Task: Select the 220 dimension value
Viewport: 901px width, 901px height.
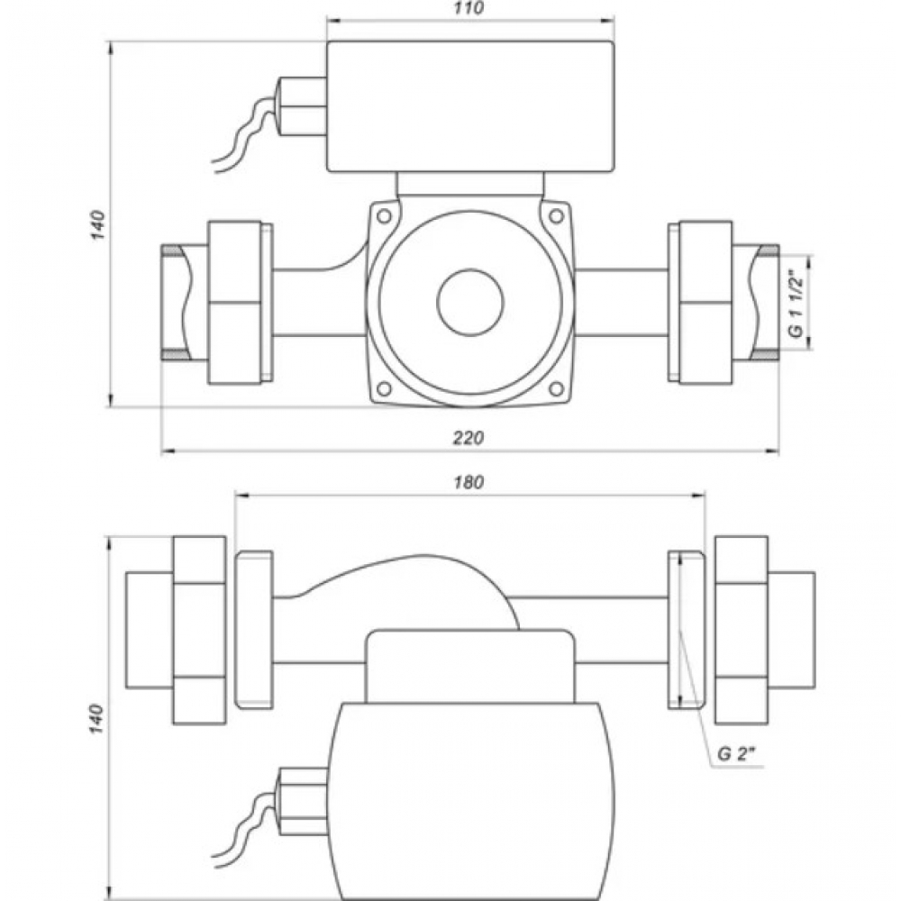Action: [469, 438]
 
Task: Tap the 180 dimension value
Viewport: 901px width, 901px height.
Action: [469, 482]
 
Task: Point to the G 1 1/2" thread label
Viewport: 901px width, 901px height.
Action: [795, 302]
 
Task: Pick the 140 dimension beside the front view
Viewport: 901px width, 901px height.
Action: [98, 225]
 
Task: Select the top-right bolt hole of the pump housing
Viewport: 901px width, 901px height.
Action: [556, 216]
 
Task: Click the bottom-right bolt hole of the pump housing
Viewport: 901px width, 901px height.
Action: [556, 388]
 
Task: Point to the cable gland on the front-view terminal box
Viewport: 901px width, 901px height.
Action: [299, 105]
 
